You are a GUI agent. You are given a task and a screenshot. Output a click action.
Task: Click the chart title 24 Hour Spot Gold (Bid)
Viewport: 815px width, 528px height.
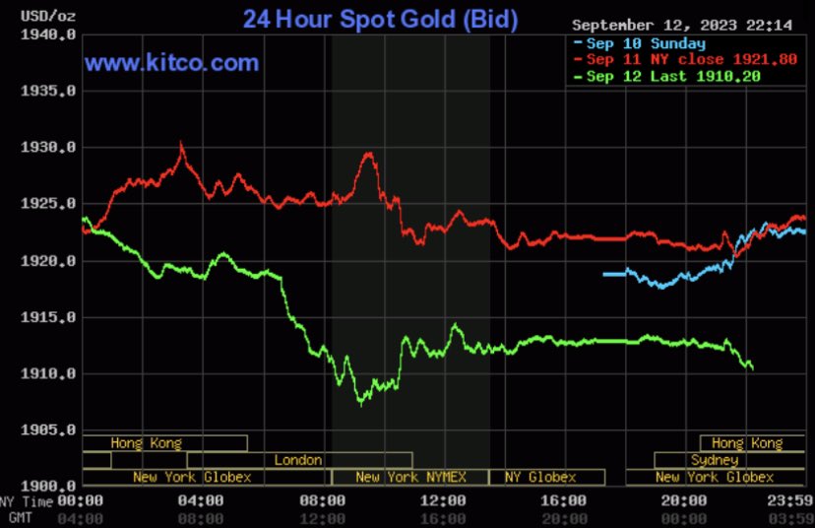click(x=381, y=19)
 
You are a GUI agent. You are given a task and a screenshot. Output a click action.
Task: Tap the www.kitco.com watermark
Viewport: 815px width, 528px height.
click(x=171, y=64)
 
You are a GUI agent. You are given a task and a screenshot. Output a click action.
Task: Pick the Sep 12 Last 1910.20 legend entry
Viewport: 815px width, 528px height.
click(x=673, y=76)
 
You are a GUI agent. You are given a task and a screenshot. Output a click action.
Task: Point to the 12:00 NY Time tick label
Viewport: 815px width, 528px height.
click(x=449, y=501)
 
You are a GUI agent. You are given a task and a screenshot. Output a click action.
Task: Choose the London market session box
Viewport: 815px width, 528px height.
click(x=298, y=460)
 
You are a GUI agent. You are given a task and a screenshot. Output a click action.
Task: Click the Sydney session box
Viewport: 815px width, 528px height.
click(x=714, y=460)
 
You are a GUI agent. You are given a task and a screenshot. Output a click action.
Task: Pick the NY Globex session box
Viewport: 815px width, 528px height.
click(x=539, y=478)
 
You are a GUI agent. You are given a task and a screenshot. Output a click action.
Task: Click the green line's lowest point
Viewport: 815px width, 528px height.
click(x=360, y=402)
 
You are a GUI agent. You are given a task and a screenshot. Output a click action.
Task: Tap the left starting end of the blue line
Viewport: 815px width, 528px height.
click(x=603, y=274)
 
